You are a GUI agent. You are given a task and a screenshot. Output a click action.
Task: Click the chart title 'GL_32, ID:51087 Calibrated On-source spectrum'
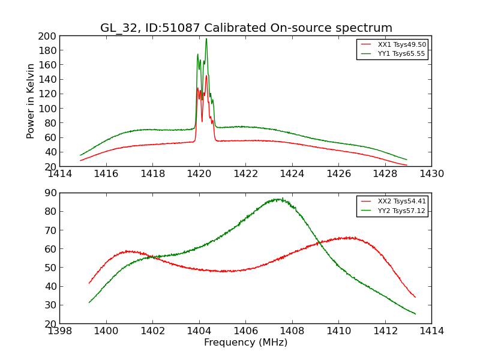[246, 28]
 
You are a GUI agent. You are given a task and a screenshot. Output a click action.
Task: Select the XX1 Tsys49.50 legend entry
[401, 44]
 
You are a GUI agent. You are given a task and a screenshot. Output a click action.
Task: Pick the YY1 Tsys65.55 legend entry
[401, 53]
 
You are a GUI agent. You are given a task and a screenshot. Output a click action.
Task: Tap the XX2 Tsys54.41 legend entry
[401, 202]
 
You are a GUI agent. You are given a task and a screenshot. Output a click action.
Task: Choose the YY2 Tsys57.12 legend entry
[401, 211]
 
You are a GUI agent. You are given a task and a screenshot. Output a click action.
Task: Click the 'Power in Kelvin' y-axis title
[31, 101]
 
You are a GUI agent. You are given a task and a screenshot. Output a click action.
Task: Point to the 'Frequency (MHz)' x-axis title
[245, 343]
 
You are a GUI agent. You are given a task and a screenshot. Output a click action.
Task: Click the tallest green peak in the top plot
[206, 39]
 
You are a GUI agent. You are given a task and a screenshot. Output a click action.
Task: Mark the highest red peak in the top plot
[206, 76]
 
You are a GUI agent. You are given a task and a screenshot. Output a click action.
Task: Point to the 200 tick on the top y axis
[48, 36]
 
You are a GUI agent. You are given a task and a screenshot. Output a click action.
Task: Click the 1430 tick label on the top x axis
[431, 174]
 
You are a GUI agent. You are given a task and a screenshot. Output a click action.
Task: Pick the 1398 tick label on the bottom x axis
[60, 331]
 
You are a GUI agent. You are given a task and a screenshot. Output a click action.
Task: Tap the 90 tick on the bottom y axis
[50, 193]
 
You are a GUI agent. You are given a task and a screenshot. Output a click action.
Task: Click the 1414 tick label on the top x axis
[60, 174]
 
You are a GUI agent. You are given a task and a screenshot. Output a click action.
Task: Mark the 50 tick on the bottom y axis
[50, 268]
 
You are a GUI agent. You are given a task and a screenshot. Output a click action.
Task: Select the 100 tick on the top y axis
[48, 109]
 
